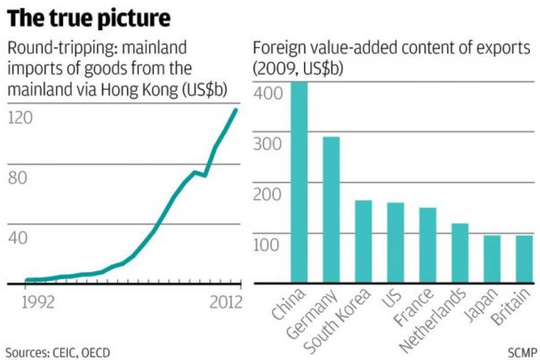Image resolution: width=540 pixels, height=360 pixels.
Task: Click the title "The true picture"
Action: tap(88, 19)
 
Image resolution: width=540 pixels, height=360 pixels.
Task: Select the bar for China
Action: tap(299, 183)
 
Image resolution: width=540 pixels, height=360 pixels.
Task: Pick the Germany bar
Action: tap(331, 210)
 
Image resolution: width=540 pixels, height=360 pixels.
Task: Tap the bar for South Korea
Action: tap(363, 242)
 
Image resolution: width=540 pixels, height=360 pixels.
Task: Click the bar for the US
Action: tap(395, 243)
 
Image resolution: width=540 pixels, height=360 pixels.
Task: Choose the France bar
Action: tap(428, 246)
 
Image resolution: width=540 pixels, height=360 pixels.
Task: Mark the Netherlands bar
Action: tap(460, 254)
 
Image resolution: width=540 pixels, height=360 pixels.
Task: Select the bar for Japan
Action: tap(492, 259)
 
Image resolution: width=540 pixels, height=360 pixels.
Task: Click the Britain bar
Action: tap(524, 259)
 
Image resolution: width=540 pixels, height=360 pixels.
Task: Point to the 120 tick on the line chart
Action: tap(20, 118)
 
